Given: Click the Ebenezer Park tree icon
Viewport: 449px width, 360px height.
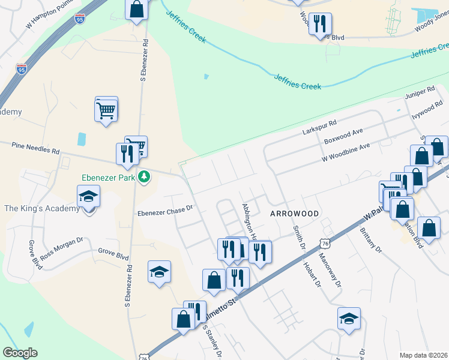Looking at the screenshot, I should (x=144, y=176).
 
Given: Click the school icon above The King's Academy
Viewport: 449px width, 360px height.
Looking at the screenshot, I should (x=88, y=197).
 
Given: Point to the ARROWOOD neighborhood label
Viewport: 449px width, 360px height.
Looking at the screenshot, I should (x=294, y=214).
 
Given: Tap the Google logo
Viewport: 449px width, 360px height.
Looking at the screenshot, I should (x=20, y=353).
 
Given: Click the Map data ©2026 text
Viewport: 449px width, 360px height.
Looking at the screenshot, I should (x=423, y=355).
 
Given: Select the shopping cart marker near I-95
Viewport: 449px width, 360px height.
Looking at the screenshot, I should (x=106, y=109).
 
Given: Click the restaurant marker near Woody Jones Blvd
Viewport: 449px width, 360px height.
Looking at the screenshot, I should (x=320, y=24).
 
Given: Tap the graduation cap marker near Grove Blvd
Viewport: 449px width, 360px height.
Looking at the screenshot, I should (x=159, y=272).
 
